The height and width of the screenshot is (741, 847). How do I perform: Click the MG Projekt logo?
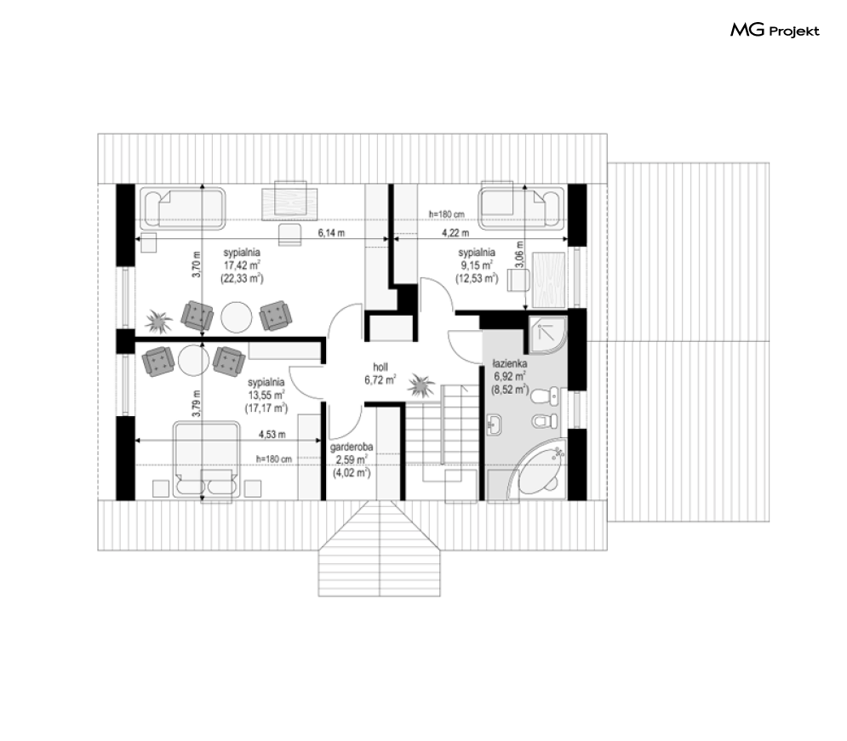[775, 31]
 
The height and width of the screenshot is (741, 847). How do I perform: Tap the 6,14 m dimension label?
[331, 233]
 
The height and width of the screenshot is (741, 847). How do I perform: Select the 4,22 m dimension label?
[455, 233]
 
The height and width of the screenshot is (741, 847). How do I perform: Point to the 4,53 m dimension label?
[272, 434]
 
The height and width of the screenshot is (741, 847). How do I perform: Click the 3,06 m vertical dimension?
[519, 254]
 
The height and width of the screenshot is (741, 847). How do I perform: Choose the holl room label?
[381, 367]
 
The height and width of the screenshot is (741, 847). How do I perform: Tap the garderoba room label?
[352, 447]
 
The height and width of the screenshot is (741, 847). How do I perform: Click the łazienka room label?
[509, 364]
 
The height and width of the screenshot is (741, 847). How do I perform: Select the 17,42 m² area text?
[242, 265]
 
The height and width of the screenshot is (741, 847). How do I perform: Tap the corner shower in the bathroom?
[547, 332]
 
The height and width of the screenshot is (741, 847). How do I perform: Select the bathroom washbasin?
[495, 425]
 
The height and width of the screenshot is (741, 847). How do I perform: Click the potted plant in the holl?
[421, 385]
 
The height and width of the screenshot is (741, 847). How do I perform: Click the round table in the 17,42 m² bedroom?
[236, 316]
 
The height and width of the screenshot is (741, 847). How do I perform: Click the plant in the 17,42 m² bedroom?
[159, 322]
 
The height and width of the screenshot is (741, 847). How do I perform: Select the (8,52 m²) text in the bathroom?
[509, 390]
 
